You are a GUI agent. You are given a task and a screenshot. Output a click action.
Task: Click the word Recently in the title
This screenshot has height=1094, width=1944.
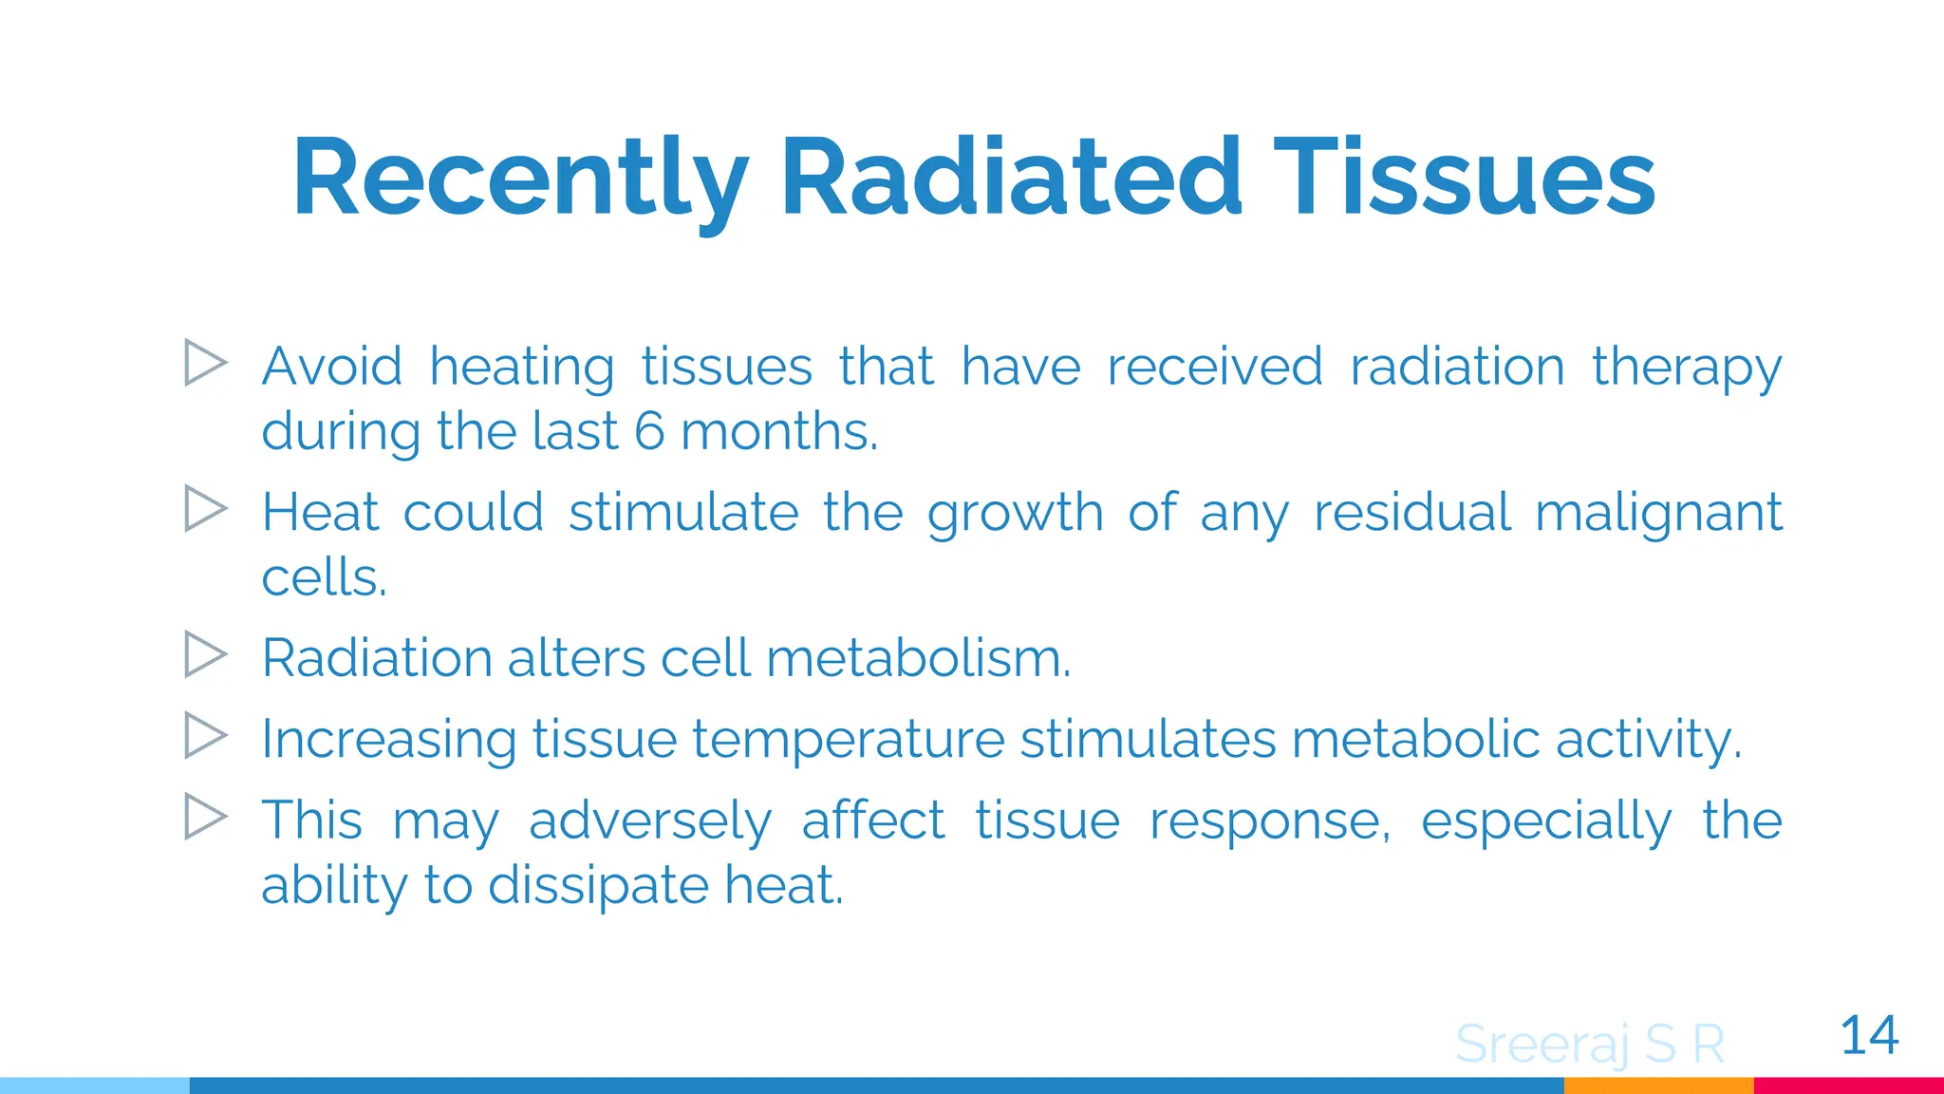(x=520, y=180)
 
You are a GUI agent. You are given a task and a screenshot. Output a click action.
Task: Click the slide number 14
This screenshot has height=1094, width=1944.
(x=1868, y=1035)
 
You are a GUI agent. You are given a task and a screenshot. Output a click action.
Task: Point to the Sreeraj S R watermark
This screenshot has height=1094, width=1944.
(x=1590, y=1045)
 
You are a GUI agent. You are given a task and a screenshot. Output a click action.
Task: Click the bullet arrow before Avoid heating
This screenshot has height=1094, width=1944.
(x=205, y=363)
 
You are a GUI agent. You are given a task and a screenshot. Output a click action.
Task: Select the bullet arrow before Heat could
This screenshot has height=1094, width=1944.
(x=205, y=509)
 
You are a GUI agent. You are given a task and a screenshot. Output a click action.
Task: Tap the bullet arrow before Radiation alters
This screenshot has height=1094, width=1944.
(x=205, y=654)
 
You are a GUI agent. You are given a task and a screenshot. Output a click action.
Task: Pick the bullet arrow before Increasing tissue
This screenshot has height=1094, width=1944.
(x=205, y=735)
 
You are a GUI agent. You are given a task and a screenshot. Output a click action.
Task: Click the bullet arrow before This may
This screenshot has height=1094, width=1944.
(x=205, y=817)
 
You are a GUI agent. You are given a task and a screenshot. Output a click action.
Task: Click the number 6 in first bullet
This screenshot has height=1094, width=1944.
(x=649, y=431)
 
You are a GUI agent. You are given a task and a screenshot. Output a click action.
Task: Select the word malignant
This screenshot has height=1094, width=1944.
(x=1658, y=514)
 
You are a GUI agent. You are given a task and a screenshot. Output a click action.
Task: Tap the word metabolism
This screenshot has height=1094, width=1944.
(x=918, y=658)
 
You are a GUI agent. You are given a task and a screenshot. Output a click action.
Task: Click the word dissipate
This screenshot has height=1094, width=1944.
(x=598, y=886)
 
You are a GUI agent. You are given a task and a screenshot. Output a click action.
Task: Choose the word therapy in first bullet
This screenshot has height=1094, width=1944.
(x=1687, y=368)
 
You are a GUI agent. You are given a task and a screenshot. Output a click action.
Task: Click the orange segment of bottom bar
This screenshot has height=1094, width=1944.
(x=1658, y=1085)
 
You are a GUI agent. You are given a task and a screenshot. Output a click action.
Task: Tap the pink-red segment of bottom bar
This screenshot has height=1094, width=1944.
(x=1848, y=1085)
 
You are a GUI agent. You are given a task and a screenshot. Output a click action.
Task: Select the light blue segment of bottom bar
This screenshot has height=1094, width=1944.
(x=95, y=1085)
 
